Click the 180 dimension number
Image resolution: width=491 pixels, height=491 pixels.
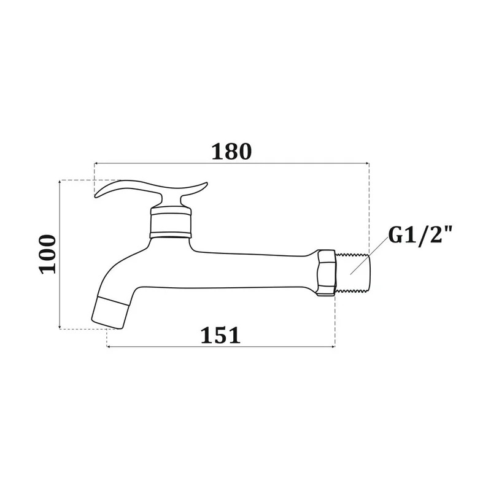point(231,152)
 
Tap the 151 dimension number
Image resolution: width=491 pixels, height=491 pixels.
point(220,335)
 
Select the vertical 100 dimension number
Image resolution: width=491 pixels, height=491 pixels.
point(47,254)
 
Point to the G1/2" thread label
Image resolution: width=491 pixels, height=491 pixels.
point(420,235)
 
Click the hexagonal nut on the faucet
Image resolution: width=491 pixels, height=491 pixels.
point(327,273)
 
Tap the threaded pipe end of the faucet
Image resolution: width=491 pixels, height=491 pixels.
point(352,273)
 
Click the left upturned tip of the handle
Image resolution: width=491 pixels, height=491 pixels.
point(96,196)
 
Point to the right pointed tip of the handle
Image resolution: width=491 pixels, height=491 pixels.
point(206,183)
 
